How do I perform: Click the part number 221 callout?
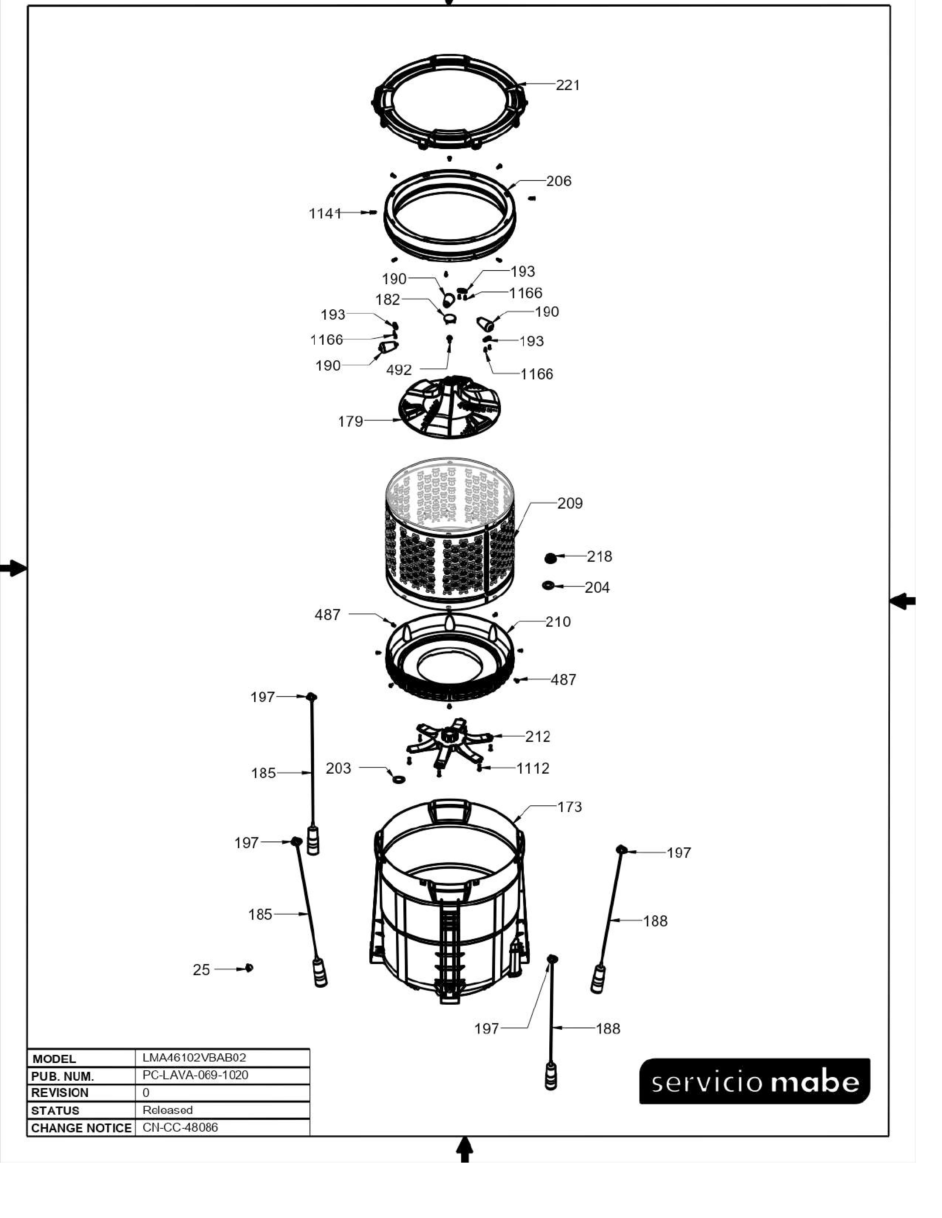pyautogui.click(x=567, y=85)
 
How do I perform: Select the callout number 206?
pyautogui.click(x=559, y=181)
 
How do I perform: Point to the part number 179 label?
pyautogui.click(x=351, y=421)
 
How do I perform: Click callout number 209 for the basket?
pyautogui.click(x=570, y=503)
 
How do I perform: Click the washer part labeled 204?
pyautogui.click(x=549, y=586)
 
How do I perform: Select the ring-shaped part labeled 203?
pyautogui.click(x=399, y=778)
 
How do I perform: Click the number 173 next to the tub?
pyautogui.click(x=569, y=807)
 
